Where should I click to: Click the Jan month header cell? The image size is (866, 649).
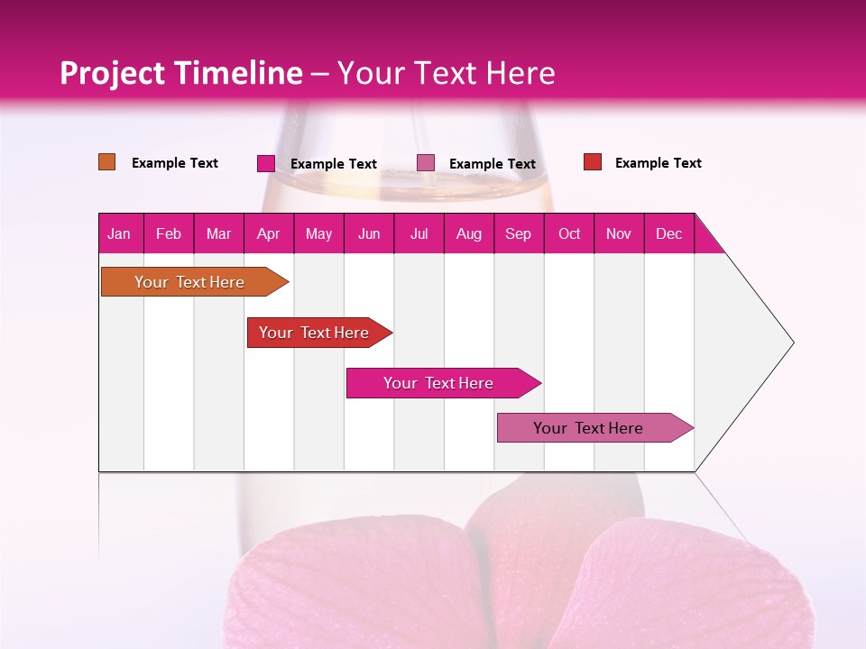[x=120, y=233]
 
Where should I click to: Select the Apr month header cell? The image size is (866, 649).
[x=269, y=233]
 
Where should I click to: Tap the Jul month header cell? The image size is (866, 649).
[x=419, y=233]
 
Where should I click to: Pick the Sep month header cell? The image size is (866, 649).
[x=519, y=233]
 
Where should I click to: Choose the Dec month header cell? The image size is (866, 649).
[x=668, y=233]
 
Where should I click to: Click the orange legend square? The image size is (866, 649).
[x=107, y=162]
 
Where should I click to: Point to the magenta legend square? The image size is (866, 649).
[x=266, y=163]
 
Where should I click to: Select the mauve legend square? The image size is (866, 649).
[x=426, y=163]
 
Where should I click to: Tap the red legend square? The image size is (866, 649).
[x=593, y=162]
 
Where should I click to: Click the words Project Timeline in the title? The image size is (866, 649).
[x=180, y=73]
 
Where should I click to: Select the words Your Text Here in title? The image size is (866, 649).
[x=446, y=73]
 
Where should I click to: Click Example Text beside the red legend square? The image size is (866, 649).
[x=658, y=163]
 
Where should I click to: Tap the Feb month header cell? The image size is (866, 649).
[x=169, y=233]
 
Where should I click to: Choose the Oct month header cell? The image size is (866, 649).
[x=569, y=233]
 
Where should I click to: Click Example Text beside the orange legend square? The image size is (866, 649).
[x=175, y=163]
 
